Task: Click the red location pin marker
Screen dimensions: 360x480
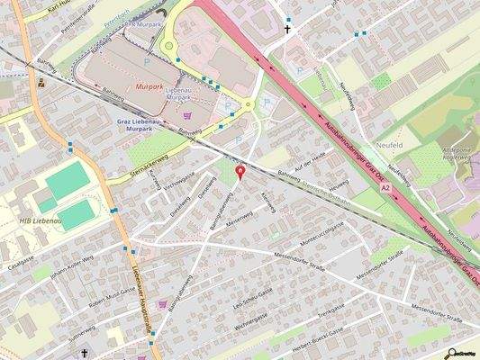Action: click(x=239, y=171)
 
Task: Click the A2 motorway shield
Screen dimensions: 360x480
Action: click(x=385, y=188)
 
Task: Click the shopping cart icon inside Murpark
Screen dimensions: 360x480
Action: click(x=186, y=115)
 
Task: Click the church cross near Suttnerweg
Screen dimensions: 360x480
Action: click(x=86, y=354)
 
